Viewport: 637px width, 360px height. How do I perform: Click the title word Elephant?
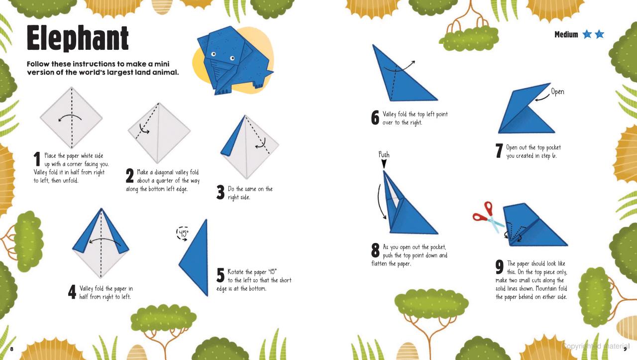[78, 39]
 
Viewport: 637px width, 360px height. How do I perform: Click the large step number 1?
[36, 159]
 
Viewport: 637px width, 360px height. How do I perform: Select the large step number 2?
[130, 176]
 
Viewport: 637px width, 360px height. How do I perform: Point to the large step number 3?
[221, 193]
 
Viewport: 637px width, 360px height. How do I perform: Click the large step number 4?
[72, 292]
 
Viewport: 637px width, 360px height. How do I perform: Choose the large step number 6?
[375, 118]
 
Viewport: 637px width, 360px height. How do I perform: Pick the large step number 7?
[499, 152]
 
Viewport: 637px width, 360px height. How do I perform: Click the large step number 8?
[376, 251]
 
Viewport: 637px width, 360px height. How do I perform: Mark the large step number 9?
[500, 267]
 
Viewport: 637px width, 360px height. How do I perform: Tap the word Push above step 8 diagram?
[384, 155]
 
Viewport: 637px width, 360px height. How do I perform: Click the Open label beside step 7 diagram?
[557, 92]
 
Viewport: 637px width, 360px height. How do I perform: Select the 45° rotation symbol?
[183, 233]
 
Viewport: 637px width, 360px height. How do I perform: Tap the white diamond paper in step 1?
[71, 118]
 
